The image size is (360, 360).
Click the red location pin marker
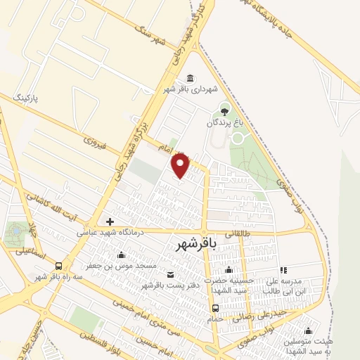(x=181, y=166)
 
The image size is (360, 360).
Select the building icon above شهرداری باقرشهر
(x=189, y=78)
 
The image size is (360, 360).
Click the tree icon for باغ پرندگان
(x=224, y=110)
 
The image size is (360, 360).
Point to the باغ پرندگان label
(x=223, y=122)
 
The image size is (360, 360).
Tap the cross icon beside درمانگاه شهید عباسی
(x=110, y=221)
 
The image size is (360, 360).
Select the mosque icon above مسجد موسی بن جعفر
(x=122, y=255)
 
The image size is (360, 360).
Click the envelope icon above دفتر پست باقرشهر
(x=171, y=274)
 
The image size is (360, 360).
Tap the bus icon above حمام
(x=216, y=308)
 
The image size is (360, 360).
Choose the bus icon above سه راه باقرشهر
(x=58, y=266)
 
